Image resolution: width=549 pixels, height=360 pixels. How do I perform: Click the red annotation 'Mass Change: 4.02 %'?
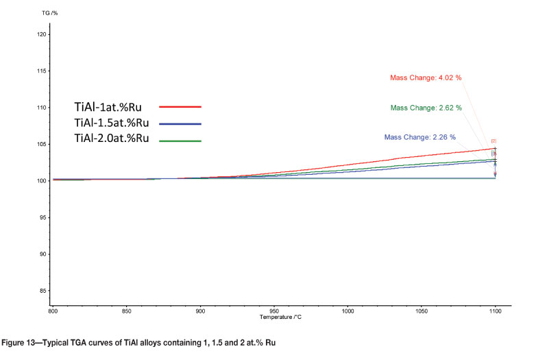tap(426, 77)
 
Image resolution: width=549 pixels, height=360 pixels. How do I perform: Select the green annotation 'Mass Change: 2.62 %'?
tap(426, 108)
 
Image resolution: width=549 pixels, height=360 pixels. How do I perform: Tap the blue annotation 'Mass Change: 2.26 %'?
tap(420, 137)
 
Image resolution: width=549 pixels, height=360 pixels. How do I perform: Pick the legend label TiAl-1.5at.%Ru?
tap(112, 123)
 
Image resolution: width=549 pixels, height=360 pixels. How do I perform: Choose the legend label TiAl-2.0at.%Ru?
tap(112, 139)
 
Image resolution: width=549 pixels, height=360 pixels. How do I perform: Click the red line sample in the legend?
tap(180, 107)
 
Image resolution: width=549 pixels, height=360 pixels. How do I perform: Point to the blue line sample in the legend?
tap(180, 124)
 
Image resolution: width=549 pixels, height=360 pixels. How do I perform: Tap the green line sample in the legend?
tap(180, 141)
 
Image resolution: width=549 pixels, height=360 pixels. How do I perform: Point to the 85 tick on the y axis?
tap(42, 291)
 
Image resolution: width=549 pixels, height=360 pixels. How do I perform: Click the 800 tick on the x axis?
tap(53, 311)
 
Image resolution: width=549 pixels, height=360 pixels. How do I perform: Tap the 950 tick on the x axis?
tap(273, 311)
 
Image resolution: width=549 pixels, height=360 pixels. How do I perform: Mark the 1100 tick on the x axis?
tap(494, 311)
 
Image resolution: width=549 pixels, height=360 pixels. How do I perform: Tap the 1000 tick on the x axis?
tap(347, 311)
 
